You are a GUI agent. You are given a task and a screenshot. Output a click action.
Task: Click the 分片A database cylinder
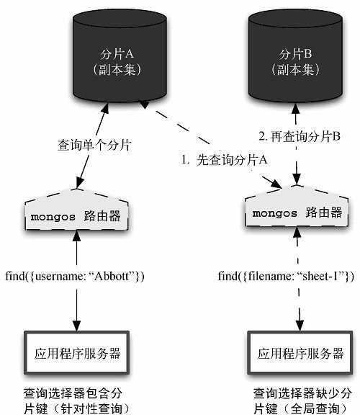(x=120, y=55)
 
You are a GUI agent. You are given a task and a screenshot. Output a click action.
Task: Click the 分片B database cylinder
(x=295, y=55)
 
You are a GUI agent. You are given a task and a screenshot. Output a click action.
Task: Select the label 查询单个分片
(x=94, y=146)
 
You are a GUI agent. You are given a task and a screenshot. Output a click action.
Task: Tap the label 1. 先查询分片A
(x=225, y=160)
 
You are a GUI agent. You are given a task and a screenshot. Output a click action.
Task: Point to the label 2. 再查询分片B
(x=300, y=136)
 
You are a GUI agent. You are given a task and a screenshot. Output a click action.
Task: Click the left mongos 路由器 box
(x=76, y=210)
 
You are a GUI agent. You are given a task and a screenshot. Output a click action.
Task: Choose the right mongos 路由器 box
(x=297, y=206)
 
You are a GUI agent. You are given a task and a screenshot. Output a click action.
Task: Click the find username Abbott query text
(x=75, y=276)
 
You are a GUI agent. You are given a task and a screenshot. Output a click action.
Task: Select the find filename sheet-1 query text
(x=286, y=276)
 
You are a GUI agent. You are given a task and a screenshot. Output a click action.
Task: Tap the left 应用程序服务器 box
(x=77, y=353)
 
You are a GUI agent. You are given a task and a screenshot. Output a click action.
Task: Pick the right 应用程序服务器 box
(x=300, y=353)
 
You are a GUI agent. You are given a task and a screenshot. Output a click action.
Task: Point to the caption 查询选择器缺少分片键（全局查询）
(x=303, y=401)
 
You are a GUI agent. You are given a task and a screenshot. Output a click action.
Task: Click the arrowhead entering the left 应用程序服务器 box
(x=77, y=326)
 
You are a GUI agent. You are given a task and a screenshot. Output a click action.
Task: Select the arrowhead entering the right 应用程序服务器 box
(x=300, y=326)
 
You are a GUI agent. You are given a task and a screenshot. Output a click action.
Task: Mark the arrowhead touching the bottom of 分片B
(x=296, y=108)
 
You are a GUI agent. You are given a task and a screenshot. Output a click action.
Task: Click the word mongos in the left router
(x=53, y=217)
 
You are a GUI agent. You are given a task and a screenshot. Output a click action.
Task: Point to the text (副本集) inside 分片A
(x=117, y=70)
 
